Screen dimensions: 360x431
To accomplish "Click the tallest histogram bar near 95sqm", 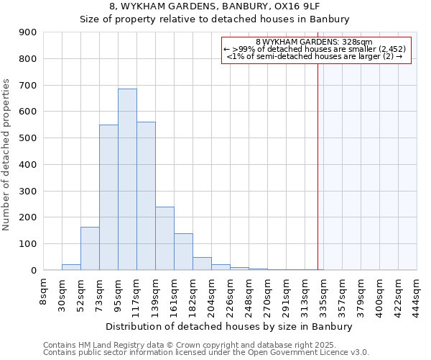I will point(127,179).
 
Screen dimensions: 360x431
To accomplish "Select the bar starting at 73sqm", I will point(108,197).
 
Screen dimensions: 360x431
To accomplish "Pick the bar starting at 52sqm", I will point(90,248).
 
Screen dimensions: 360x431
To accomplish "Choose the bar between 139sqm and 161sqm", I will point(164,238).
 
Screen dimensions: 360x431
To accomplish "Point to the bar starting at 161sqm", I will point(183,252).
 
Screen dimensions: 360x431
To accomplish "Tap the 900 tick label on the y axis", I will point(28,32).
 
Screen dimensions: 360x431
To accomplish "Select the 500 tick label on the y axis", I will point(28,138).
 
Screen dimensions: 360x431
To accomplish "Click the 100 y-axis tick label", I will point(28,244).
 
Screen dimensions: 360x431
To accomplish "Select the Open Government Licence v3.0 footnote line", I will point(206,352).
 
